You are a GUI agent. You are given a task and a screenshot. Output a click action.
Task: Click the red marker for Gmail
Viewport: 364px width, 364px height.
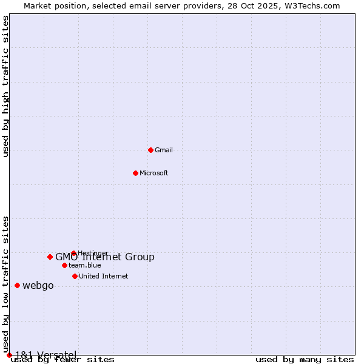tap(151, 150)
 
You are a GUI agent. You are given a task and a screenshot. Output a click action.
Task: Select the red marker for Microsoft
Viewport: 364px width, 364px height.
tap(136, 173)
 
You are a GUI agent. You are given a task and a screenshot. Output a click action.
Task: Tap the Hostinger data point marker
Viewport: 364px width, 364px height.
tap(73, 253)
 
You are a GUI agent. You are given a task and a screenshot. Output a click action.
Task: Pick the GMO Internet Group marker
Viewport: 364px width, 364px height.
tap(50, 257)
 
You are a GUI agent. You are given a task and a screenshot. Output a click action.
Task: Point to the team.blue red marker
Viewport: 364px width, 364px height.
tap(64, 265)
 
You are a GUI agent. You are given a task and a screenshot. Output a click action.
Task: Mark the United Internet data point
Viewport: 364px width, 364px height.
tap(75, 276)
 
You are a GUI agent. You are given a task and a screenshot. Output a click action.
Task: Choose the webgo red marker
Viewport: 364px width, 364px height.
tap(18, 285)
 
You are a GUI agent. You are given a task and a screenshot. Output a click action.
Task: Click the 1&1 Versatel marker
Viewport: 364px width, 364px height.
tap(9, 355)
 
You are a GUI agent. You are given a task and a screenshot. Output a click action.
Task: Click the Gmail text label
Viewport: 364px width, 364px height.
tap(164, 150)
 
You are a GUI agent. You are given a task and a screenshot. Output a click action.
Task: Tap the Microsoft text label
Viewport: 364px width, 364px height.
tap(154, 173)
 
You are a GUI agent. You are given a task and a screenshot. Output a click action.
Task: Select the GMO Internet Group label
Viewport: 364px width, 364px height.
tap(105, 257)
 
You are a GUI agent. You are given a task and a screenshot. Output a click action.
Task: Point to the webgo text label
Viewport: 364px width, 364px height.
tap(38, 286)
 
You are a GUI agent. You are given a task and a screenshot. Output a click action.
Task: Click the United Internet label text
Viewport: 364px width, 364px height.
tap(104, 276)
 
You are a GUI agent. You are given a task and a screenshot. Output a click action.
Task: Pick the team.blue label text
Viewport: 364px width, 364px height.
tap(85, 265)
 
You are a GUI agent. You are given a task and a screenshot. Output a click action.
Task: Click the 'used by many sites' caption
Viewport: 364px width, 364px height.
tap(305, 359)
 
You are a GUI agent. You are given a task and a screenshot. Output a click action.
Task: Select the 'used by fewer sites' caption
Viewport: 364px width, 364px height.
tap(62, 359)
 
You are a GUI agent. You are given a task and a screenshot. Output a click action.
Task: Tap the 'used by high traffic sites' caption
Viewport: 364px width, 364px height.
tap(6, 86)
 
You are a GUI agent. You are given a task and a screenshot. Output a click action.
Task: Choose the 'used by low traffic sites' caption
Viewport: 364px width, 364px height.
tap(6, 284)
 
